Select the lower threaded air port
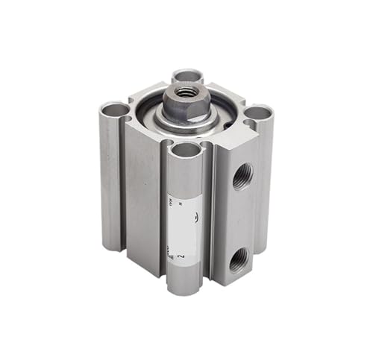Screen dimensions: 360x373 [x=239, y=260]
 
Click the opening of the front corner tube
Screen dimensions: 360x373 [x=186, y=151]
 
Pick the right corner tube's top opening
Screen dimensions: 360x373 [x=257, y=113]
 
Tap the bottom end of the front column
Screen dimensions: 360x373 [x=183, y=288]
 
